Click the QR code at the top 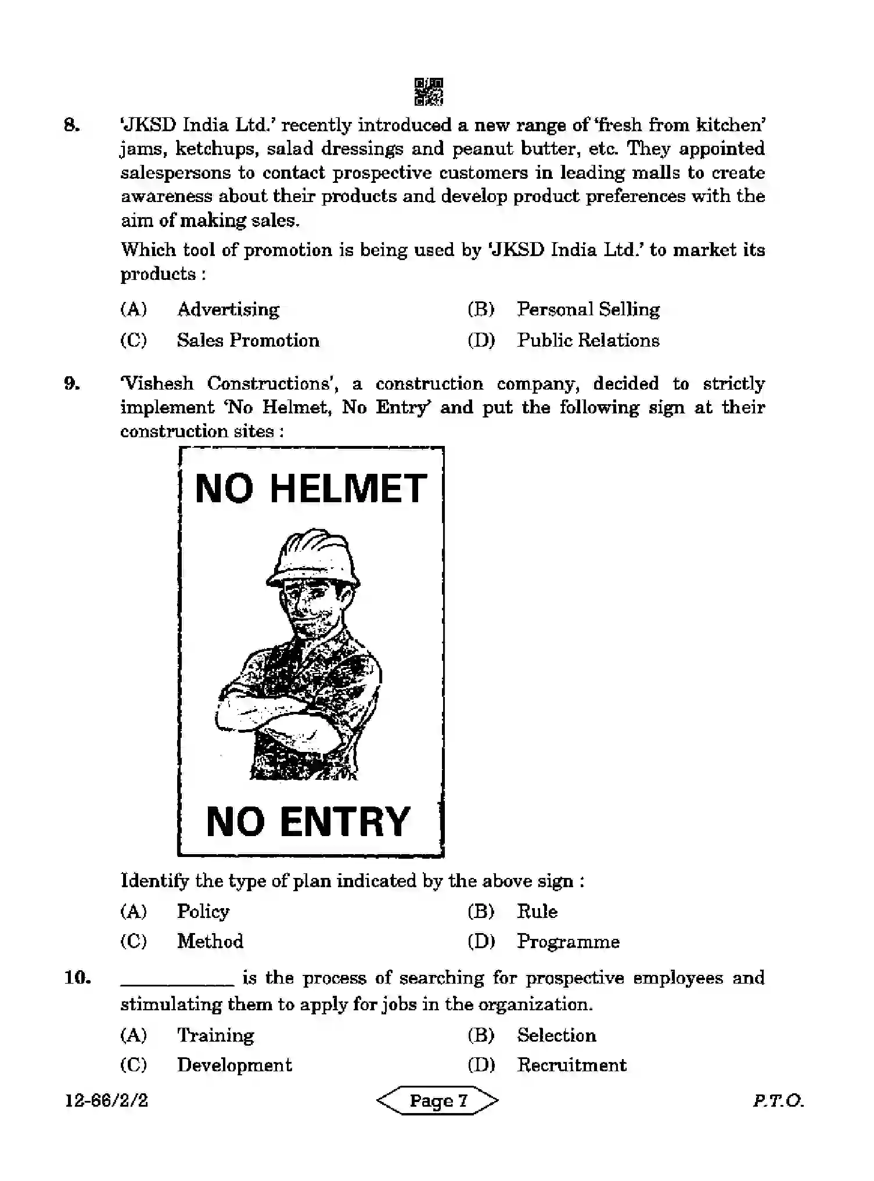(x=429, y=92)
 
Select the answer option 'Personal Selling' (x=588, y=309)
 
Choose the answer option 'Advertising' (x=228, y=309)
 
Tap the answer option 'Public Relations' (x=588, y=340)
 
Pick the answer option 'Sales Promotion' (x=248, y=340)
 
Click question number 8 (x=71, y=125)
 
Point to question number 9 (x=71, y=384)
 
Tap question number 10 (x=77, y=978)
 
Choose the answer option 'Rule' (x=537, y=912)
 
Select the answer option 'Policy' (x=203, y=912)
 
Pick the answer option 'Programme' (x=568, y=942)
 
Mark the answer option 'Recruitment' (x=571, y=1065)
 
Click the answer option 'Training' (x=215, y=1036)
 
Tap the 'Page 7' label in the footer (x=438, y=1101)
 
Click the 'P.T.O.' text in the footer (x=778, y=1101)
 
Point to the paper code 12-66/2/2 (x=106, y=1101)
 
